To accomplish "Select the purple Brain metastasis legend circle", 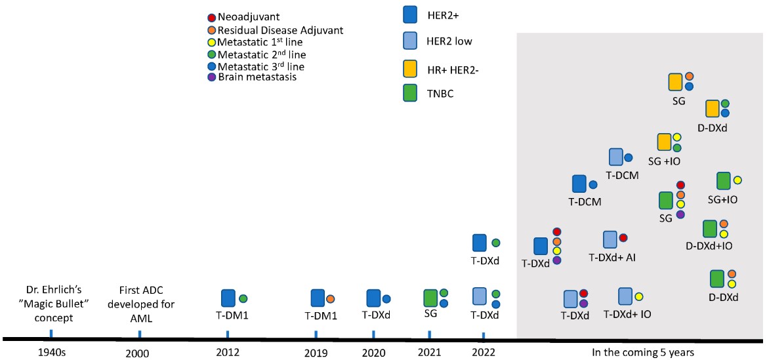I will pos(211,77).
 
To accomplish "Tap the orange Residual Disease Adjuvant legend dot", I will pos(211,30).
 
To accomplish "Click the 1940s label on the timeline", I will pos(51,352).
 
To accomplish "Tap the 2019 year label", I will pos(316,352).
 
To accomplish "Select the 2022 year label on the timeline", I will pos(484,352).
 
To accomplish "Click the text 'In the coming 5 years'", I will pos(640,352).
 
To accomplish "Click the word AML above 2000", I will pos(139,317).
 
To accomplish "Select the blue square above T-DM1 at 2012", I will pos(228,298).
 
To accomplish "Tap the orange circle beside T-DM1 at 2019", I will pos(331,298).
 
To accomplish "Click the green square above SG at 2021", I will pos(431,298).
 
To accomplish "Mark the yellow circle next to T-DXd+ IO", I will pos(638,296).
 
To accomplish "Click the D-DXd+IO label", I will pos(709,246).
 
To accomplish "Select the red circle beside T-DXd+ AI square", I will pos(623,237).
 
